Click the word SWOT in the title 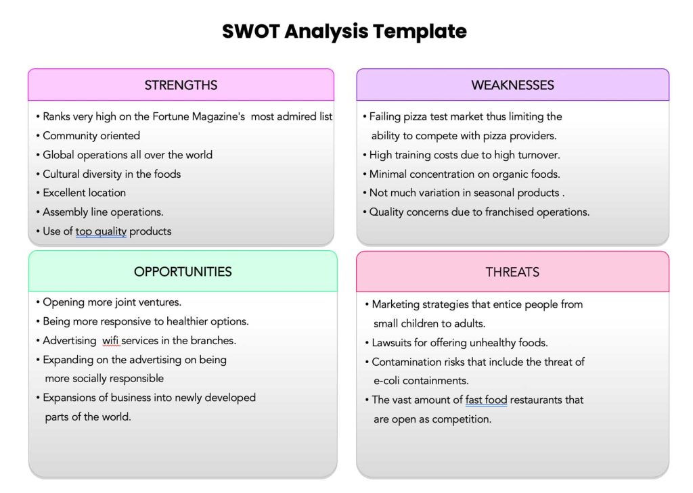point(251,31)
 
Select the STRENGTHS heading point(181,85)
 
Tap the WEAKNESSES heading point(512,85)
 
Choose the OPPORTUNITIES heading point(183,271)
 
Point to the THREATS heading point(512,272)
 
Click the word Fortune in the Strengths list point(169,116)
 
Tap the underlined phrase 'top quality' point(101,231)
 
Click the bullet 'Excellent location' point(81,193)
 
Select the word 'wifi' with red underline point(110,341)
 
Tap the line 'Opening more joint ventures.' point(108,302)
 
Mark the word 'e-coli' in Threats point(386,381)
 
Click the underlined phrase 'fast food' point(486,400)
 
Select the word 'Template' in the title point(420,32)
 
